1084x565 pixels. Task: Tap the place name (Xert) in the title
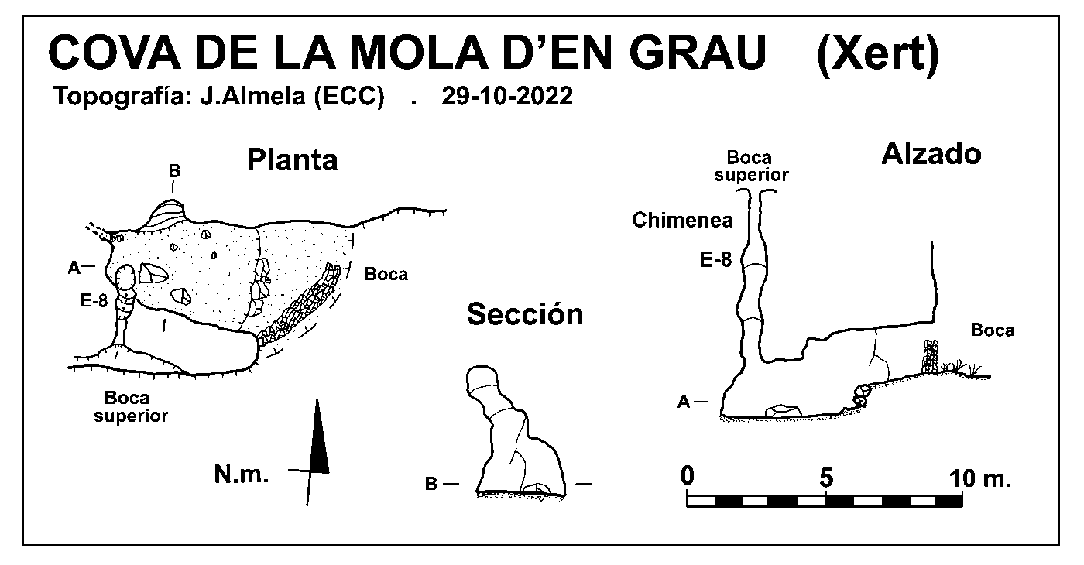click(878, 54)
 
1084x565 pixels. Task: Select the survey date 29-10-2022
click(507, 96)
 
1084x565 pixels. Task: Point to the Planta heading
click(293, 160)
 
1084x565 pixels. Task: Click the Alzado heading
click(931, 154)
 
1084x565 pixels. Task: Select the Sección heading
click(525, 314)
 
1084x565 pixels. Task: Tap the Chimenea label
click(682, 220)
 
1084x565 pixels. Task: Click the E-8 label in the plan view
click(94, 301)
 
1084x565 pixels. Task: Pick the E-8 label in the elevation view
click(715, 260)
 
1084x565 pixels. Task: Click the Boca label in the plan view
click(386, 274)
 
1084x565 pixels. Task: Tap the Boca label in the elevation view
click(993, 330)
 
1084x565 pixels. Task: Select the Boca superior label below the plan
click(131, 407)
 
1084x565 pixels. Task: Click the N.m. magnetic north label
click(241, 474)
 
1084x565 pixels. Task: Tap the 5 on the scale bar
click(827, 478)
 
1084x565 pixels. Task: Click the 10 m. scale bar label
click(980, 478)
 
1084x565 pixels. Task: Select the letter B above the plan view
click(174, 171)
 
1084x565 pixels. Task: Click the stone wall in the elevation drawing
click(930, 357)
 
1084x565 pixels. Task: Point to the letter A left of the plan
click(74, 268)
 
